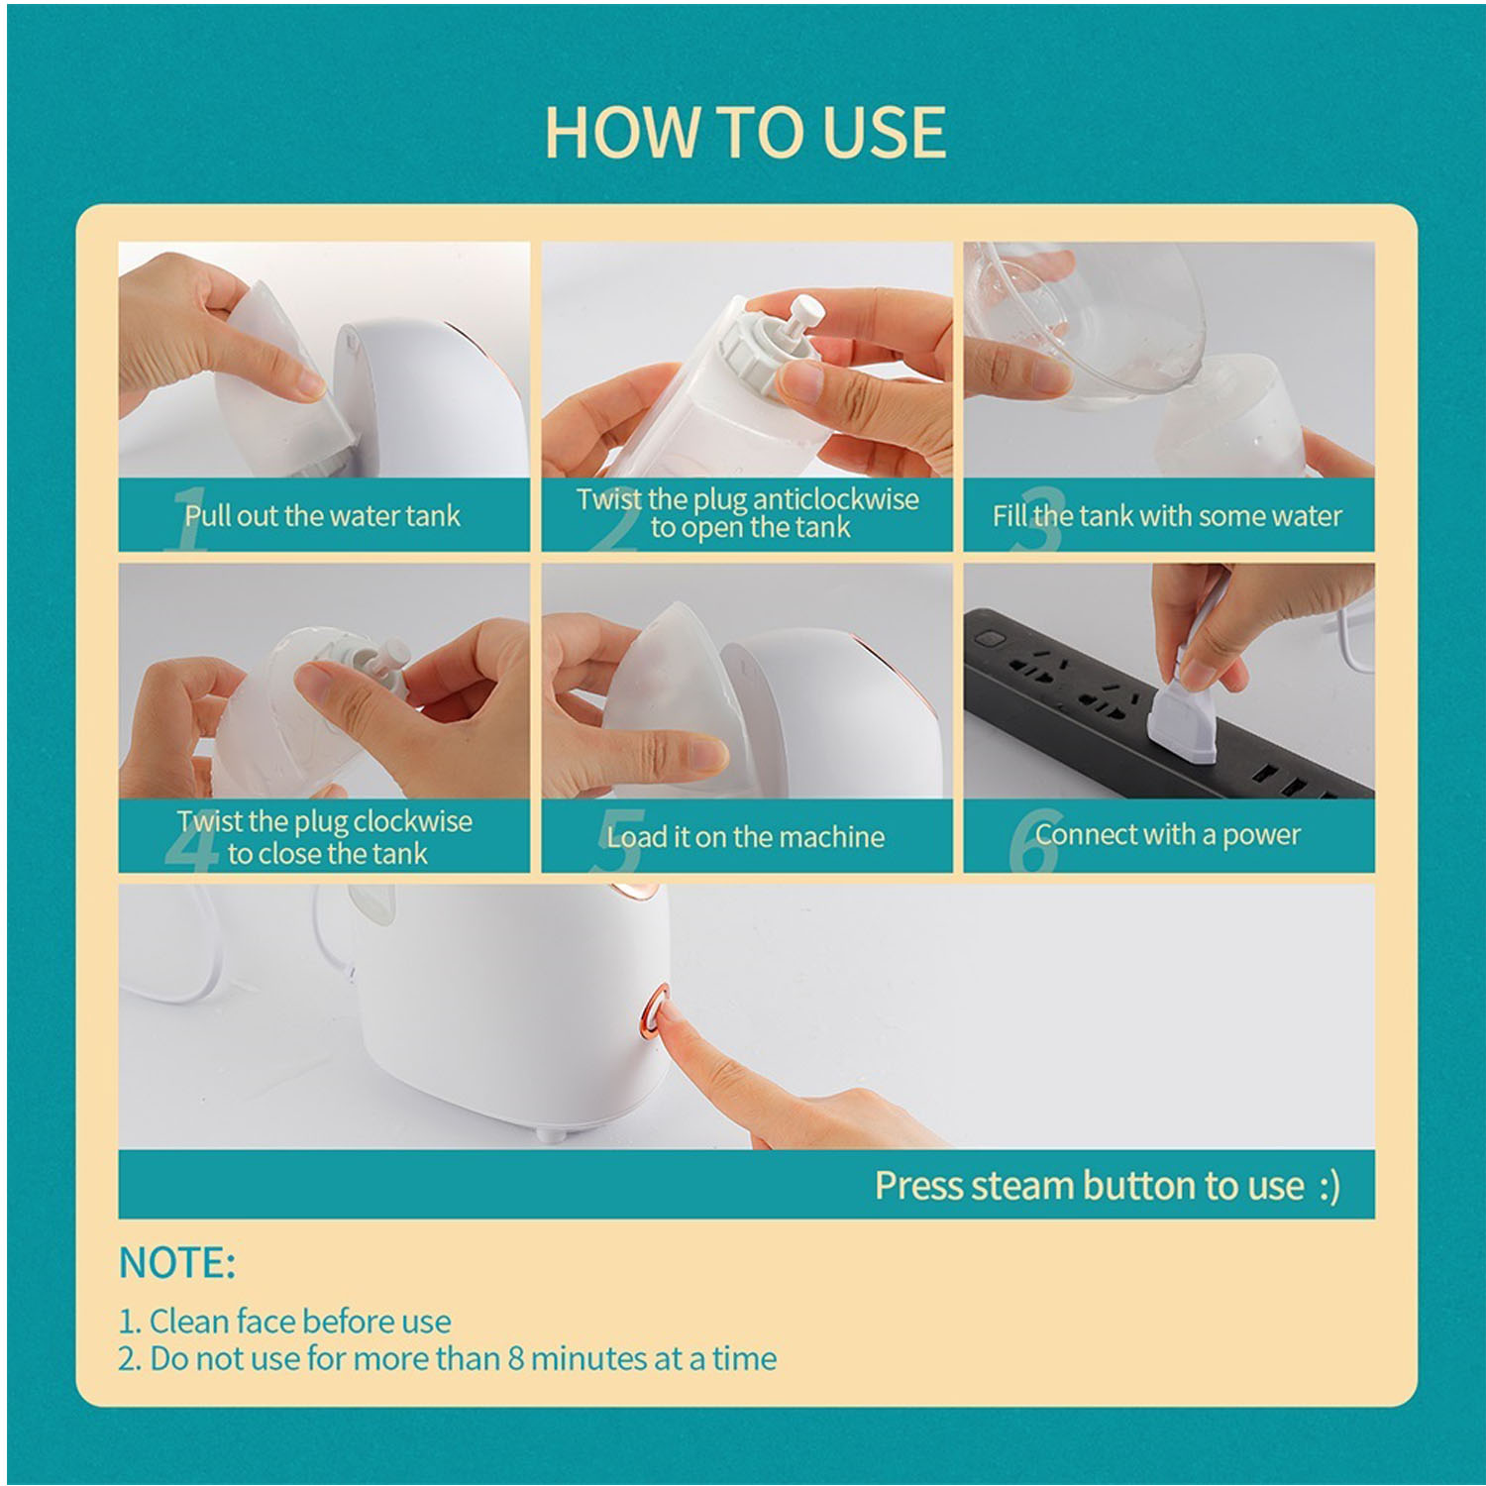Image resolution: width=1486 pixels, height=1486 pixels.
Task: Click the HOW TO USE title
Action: click(745, 132)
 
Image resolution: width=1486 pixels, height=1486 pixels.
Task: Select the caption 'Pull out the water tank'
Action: click(322, 515)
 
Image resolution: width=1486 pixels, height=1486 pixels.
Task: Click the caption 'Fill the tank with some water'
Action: click(1167, 515)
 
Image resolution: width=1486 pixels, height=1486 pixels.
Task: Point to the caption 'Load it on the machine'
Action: click(745, 837)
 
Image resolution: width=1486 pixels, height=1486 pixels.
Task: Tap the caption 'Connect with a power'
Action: click(1167, 834)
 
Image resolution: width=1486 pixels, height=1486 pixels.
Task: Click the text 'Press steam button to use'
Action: click(1089, 1185)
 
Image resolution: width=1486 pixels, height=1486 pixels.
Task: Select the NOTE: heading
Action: click(177, 1263)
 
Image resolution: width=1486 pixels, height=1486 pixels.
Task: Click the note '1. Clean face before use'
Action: click(285, 1321)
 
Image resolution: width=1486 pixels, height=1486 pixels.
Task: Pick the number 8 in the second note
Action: click(515, 1358)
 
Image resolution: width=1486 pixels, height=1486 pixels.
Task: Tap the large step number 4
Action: click(191, 840)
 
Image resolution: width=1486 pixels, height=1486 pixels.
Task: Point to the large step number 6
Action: click(1033, 840)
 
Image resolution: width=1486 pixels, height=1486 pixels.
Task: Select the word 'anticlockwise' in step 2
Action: click(836, 498)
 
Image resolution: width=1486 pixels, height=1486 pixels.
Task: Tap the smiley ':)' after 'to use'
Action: click(1329, 1186)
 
